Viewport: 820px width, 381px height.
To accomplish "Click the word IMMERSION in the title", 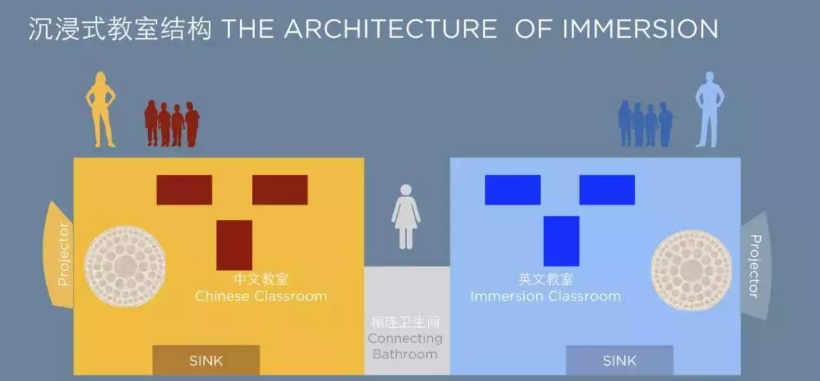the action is click(640, 29).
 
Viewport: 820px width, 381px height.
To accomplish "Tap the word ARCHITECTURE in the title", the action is click(391, 29).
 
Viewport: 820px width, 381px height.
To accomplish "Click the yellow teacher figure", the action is click(100, 109).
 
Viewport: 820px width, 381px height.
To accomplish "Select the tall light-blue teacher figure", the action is click(709, 109).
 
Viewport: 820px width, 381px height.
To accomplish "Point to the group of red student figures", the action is click(172, 124).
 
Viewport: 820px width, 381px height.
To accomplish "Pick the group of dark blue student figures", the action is click(645, 124).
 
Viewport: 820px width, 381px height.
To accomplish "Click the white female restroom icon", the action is click(405, 217).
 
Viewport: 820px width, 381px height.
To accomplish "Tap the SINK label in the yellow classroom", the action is click(206, 360).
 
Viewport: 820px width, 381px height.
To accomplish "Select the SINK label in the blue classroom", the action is click(620, 360).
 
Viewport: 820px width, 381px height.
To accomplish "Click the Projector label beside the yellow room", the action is click(63, 254).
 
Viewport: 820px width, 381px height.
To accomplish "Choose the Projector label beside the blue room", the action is click(755, 265).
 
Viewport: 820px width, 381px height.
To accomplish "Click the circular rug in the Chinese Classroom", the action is click(125, 265).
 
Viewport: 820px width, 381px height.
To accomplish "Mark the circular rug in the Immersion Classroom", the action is click(692, 271).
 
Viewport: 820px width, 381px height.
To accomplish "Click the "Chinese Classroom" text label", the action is click(261, 296).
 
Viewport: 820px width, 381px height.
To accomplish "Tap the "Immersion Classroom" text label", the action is click(545, 296).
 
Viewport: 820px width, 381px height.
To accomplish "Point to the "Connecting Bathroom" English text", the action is click(405, 346).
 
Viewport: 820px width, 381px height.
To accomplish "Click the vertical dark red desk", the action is click(235, 246).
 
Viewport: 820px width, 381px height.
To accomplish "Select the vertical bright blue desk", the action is click(562, 241).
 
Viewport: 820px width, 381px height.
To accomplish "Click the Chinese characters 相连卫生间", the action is click(405, 322).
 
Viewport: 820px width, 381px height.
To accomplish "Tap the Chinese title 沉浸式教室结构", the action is click(120, 29).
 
